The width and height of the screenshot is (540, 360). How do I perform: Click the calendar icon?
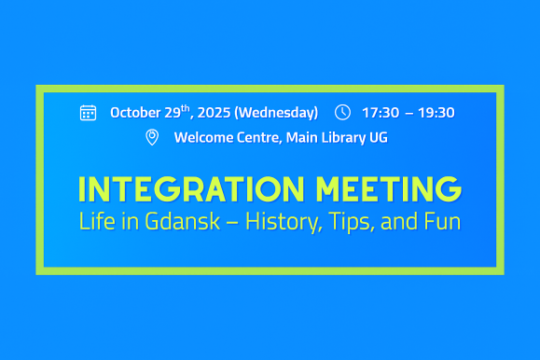89,113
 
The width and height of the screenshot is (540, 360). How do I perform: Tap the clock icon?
342,112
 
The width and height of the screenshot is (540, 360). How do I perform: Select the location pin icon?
152,137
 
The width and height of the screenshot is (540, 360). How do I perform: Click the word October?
135,113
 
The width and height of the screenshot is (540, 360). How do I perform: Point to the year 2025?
214,113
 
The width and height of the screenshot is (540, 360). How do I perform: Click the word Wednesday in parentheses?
276,113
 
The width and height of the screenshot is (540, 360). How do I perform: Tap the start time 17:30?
381,113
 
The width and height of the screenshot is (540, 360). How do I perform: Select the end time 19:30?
436,113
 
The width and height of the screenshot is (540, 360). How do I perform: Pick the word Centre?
259,138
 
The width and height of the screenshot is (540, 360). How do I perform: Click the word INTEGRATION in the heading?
191,188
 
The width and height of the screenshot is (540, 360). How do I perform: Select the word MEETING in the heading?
389,188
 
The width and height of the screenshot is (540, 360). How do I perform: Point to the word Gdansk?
182,221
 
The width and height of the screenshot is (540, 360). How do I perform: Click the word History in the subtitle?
284,222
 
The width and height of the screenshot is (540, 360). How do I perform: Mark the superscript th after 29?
186,108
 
